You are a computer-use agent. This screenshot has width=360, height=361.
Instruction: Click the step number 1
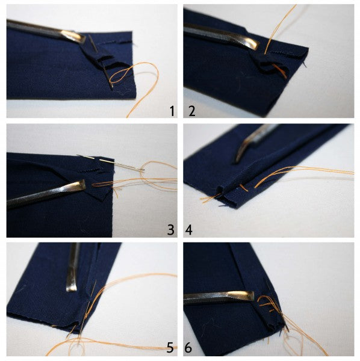point(172,111)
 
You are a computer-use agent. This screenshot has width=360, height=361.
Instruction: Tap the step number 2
point(192,111)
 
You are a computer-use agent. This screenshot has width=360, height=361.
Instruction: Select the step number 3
point(171,230)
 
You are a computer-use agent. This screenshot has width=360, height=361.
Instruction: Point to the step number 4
point(188,230)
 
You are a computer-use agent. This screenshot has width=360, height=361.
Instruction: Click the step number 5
point(170,347)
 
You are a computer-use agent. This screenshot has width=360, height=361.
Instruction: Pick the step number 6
point(188,347)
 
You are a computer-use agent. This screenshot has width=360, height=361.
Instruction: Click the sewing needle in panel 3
point(111,162)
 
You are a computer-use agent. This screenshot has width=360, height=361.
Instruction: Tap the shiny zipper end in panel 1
point(73,36)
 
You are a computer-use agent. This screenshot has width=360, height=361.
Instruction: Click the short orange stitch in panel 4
point(244,188)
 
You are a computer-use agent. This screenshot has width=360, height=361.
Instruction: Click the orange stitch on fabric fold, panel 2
point(279,70)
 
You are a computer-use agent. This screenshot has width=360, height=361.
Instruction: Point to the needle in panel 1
point(101,62)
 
